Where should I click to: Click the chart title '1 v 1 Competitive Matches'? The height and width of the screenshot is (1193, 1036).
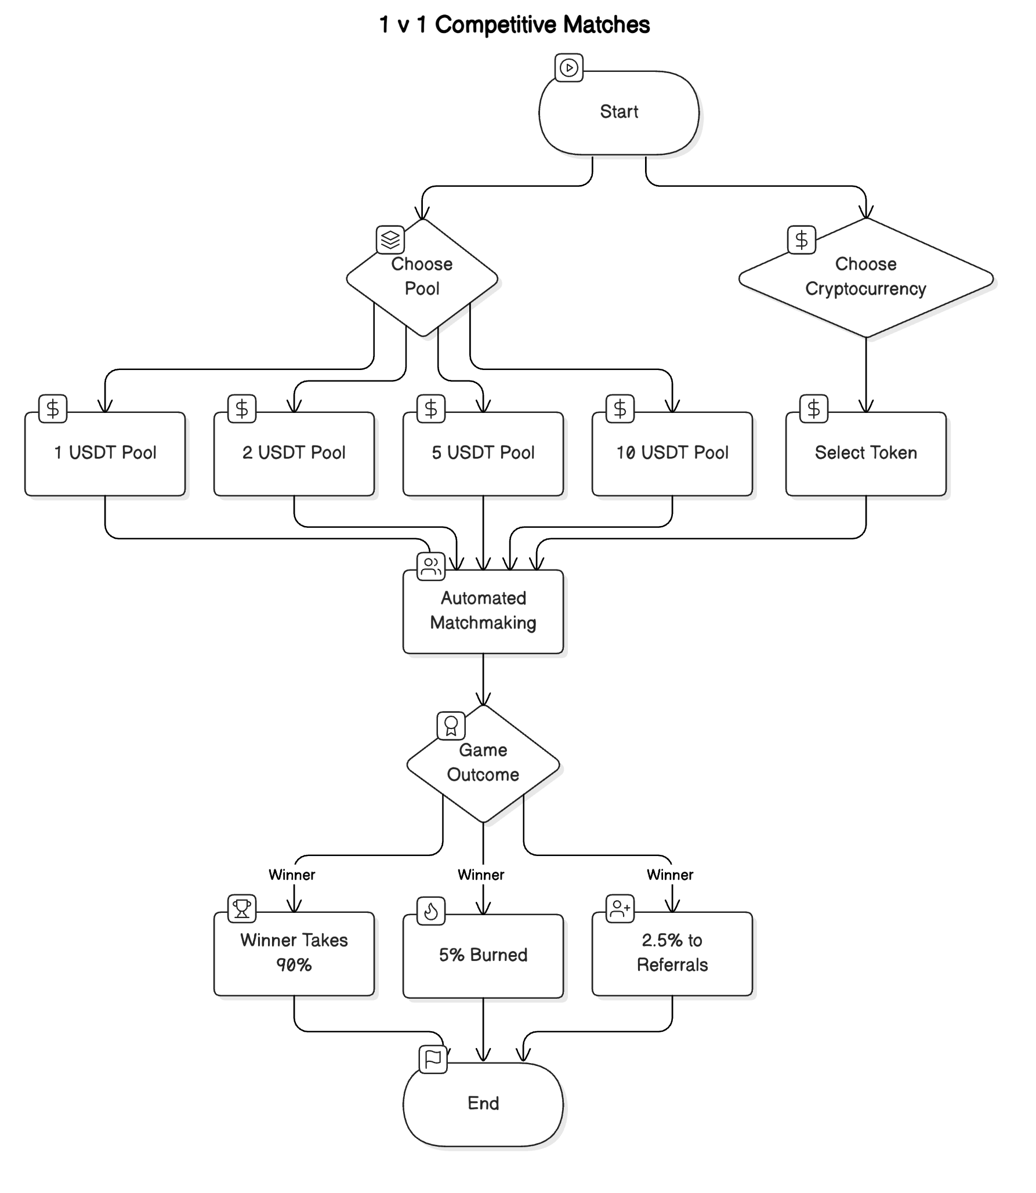(514, 25)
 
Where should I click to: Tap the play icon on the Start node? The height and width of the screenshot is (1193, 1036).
(569, 68)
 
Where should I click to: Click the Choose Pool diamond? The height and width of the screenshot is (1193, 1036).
(422, 277)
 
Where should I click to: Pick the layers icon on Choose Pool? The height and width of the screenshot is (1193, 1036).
(390, 240)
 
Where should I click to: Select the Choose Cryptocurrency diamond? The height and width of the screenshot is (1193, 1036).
(865, 277)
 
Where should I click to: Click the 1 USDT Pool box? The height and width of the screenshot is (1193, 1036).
(105, 454)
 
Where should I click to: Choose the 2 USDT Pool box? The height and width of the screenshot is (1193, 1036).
(294, 454)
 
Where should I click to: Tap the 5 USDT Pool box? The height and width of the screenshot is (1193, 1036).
(483, 454)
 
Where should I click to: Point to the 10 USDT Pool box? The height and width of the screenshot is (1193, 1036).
(672, 454)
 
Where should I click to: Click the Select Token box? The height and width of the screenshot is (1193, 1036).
(865, 454)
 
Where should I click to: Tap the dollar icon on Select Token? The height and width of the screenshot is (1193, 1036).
(814, 409)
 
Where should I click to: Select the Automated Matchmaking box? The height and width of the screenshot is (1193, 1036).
(483, 611)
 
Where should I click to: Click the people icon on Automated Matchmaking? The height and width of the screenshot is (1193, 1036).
(431, 566)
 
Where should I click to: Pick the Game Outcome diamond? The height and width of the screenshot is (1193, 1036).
(483, 763)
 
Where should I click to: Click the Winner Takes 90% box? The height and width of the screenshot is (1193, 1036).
(294, 953)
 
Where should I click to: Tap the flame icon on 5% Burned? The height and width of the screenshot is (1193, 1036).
(431, 911)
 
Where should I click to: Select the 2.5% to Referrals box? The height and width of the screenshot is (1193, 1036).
(672, 953)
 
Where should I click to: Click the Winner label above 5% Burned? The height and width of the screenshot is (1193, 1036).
(481, 875)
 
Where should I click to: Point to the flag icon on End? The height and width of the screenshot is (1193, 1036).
(433, 1059)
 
